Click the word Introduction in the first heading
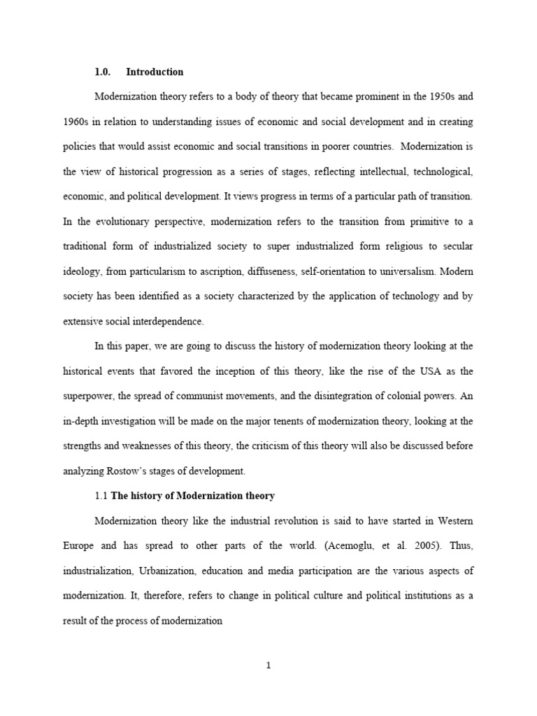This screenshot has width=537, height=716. (x=155, y=72)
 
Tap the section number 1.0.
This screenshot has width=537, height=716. (x=103, y=72)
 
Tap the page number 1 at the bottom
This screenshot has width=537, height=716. (x=268, y=666)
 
